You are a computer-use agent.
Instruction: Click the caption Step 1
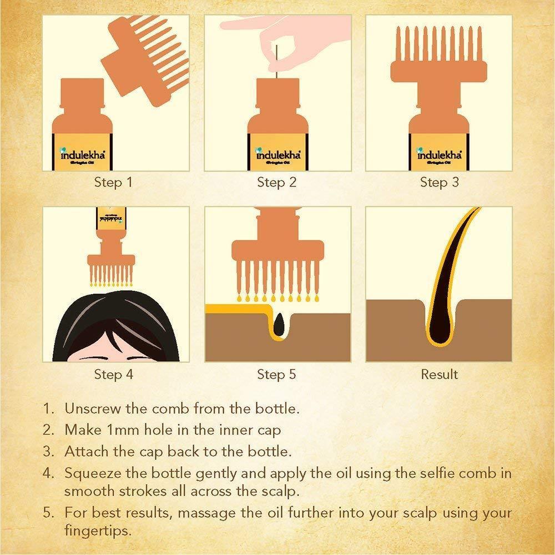(x=114, y=182)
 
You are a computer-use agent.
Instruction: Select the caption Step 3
(x=439, y=182)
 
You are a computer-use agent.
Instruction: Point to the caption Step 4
(x=114, y=374)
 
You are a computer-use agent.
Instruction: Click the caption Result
(x=439, y=374)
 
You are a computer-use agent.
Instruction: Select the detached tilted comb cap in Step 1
(x=144, y=61)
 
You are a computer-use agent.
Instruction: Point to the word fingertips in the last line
(x=97, y=530)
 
